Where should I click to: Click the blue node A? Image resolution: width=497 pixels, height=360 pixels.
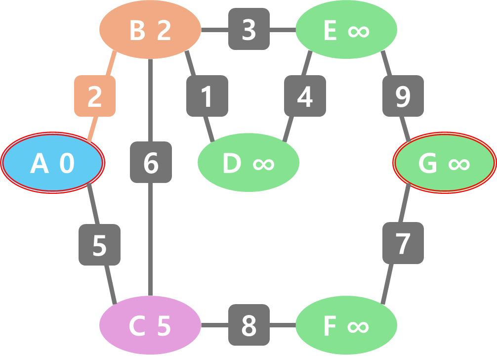click(x=52, y=163)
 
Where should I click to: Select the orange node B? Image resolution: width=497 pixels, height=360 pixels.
click(x=150, y=30)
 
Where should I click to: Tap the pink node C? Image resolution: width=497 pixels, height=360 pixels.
click(x=150, y=325)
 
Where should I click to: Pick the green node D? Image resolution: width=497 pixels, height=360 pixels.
click(x=248, y=163)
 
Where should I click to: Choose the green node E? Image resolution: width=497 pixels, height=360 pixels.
click(x=346, y=30)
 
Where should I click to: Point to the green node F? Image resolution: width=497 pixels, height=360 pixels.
click(x=346, y=325)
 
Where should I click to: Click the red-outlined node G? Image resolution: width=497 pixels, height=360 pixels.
click(x=445, y=163)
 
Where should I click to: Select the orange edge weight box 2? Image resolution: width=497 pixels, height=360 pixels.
click(x=95, y=96)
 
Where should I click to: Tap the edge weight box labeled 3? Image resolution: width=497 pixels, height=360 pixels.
click(x=249, y=29)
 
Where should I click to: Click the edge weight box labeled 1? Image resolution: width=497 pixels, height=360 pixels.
click(x=207, y=96)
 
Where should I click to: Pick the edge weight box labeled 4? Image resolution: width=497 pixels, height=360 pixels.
click(x=305, y=96)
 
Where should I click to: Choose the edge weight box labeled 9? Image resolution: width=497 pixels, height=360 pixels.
click(x=403, y=96)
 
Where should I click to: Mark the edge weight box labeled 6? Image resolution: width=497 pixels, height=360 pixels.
click(x=151, y=162)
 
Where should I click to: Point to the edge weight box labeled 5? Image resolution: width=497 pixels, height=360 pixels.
click(x=100, y=244)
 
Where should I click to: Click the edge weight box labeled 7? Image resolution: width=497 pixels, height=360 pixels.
click(x=403, y=243)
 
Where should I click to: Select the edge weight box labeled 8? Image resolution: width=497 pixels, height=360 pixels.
click(x=249, y=325)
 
